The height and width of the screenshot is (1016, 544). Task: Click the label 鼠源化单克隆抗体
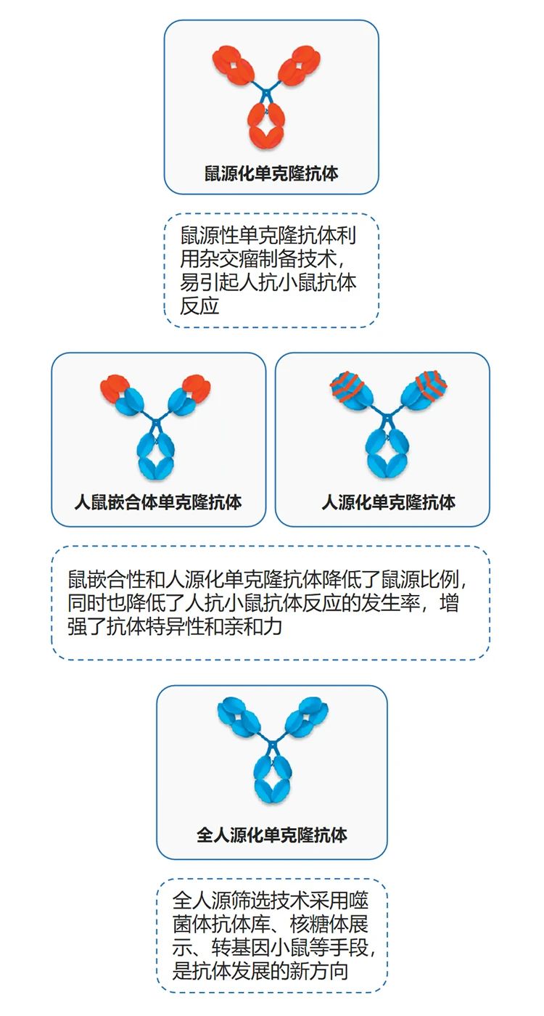pyautogui.click(x=271, y=173)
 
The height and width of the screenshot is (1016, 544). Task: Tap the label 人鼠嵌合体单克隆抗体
pyautogui.click(x=158, y=502)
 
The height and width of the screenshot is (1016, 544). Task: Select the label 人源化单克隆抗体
pyautogui.click(x=389, y=502)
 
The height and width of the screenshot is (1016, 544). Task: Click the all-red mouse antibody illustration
pyautogui.click(x=267, y=97)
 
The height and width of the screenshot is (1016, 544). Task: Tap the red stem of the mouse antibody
pyautogui.click(x=266, y=125)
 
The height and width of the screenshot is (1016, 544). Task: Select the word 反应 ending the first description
pyautogui.click(x=199, y=306)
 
